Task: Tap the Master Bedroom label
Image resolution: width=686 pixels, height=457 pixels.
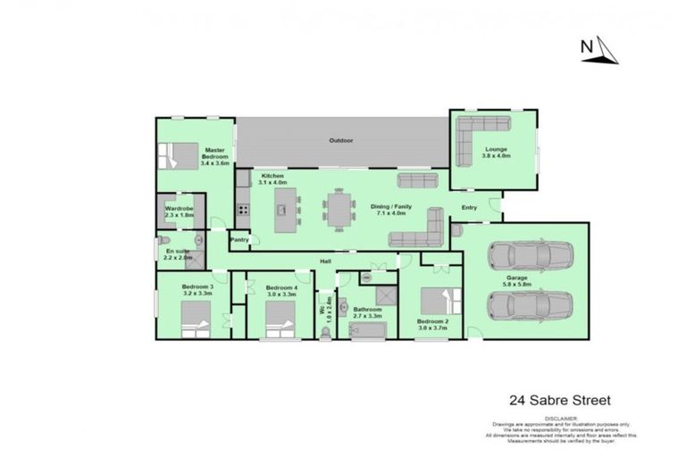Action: coord(214,156)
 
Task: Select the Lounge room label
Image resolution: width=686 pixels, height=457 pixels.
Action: coord(496,152)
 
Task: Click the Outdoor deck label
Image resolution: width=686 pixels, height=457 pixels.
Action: coord(340,141)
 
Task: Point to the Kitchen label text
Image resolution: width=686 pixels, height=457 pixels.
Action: coord(272,179)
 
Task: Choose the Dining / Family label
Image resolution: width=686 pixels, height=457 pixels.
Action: coord(389,209)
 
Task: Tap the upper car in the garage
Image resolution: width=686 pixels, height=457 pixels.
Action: coord(530,257)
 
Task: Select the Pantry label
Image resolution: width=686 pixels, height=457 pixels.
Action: coord(239,239)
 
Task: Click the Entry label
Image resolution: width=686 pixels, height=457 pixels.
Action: coord(469,208)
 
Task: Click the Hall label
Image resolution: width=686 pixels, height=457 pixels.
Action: coord(328,261)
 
